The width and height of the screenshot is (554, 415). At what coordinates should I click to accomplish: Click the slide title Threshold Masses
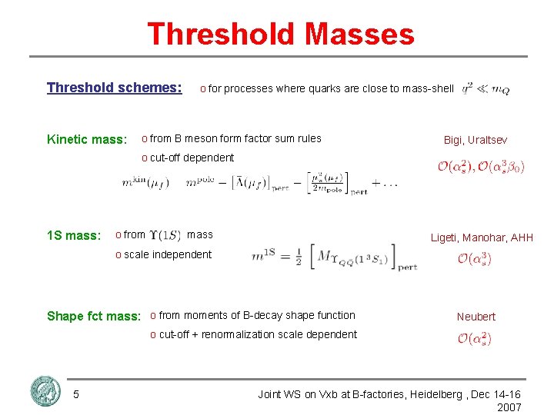tap(280, 35)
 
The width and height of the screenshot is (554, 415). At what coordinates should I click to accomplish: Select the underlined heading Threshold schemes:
tap(114, 88)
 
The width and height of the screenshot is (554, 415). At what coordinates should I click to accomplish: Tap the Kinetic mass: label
tap(86, 139)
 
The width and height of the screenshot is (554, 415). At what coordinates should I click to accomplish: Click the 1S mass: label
tap(73, 236)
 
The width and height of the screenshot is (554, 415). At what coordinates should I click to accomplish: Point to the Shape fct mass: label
tap(94, 316)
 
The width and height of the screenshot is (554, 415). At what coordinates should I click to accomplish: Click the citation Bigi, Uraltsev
tap(475, 140)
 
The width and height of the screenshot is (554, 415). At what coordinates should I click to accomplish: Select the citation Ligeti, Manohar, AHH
tap(481, 237)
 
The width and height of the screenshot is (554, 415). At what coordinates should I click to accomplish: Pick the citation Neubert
tap(476, 317)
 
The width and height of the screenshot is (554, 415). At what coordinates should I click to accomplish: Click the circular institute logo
tap(45, 391)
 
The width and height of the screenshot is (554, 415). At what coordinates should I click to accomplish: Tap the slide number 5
tap(75, 394)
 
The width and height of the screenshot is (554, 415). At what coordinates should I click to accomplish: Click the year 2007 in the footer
tap(509, 407)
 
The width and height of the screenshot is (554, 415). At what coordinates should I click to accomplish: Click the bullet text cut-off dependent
tap(192, 158)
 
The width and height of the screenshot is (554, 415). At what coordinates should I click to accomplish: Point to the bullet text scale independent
tap(167, 254)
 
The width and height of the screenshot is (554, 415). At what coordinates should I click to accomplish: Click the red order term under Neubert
tap(474, 338)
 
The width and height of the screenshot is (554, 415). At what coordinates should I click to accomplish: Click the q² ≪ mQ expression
tap(486, 89)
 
